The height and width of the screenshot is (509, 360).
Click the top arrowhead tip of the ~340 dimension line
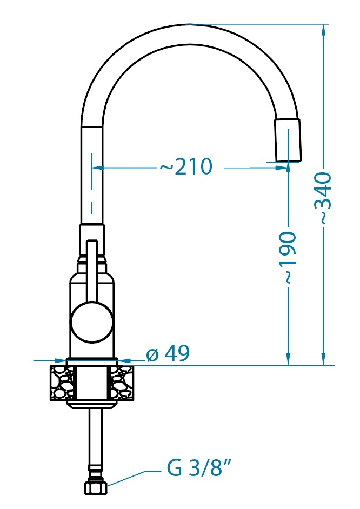(323, 25)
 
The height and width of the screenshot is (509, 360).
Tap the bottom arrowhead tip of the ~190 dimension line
(288, 365)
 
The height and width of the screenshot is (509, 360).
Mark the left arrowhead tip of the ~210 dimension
(92, 168)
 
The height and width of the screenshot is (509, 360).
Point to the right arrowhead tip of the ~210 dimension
(287, 168)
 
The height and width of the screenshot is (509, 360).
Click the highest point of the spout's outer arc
(190, 24)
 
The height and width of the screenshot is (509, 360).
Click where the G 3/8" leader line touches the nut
(108, 486)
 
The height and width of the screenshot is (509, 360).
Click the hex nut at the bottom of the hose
(96, 487)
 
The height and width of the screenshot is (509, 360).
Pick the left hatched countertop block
(62, 383)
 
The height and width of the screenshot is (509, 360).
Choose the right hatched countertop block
(122, 383)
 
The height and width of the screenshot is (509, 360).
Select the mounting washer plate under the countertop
(92, 404)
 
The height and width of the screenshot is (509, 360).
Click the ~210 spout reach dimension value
(186, 167)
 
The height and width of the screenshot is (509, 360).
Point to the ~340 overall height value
(324, 198)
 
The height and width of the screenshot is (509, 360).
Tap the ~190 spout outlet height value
(288, 257)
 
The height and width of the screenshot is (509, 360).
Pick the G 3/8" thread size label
(199, 468)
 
